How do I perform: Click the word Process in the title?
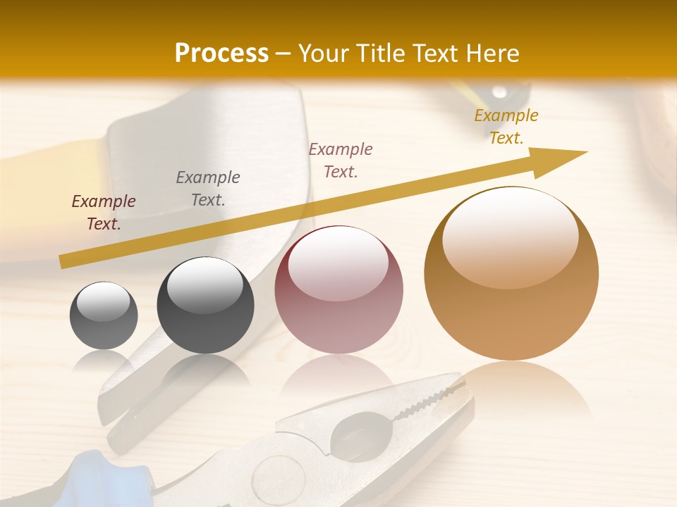click(x=221, y=54)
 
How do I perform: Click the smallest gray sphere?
click(x=104, y=315)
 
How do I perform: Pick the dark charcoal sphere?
click(x=205, y=305)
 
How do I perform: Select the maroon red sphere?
click(x=338, y=289)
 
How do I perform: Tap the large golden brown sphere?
click(x=511, y=274)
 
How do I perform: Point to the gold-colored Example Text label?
click(x=506, y=127)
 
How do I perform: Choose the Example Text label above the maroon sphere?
click(x=341, y=160)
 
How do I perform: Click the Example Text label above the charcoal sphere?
click(x=207, y=188)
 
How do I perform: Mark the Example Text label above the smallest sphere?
click(x=104, y=212)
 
